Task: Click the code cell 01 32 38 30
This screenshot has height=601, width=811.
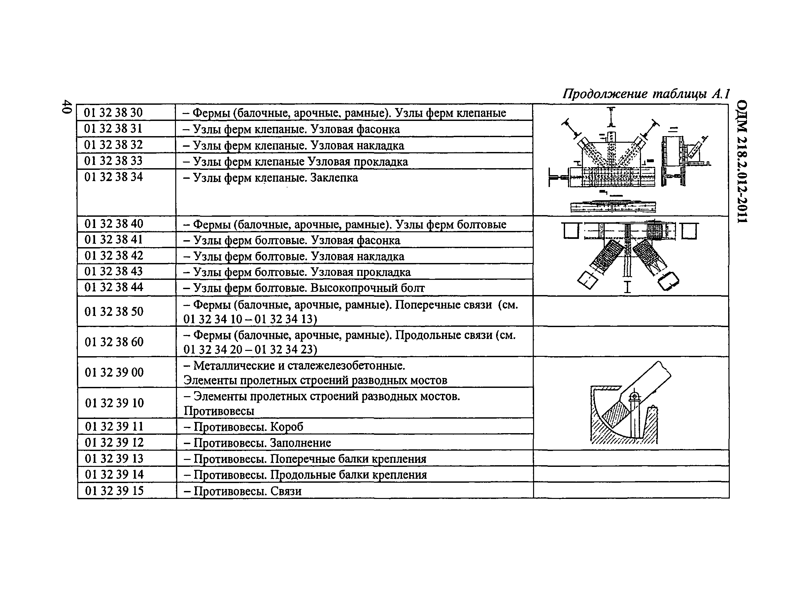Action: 113,113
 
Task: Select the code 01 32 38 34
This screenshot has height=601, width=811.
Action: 113,177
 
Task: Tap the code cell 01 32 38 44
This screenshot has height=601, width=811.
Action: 114,287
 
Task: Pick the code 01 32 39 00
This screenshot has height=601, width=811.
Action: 114,372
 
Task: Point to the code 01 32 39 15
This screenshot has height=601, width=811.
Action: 115,491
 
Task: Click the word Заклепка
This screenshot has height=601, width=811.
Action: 334,178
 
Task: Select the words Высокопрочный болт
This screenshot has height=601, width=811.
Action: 367,288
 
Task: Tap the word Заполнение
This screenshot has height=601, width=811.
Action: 300,443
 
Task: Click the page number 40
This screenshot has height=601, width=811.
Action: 67,107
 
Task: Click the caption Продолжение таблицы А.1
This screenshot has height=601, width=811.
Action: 646,94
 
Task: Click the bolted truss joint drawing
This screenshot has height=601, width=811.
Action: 629,256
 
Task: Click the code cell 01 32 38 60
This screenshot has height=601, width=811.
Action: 114,342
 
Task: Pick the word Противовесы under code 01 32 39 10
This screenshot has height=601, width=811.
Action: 219,411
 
